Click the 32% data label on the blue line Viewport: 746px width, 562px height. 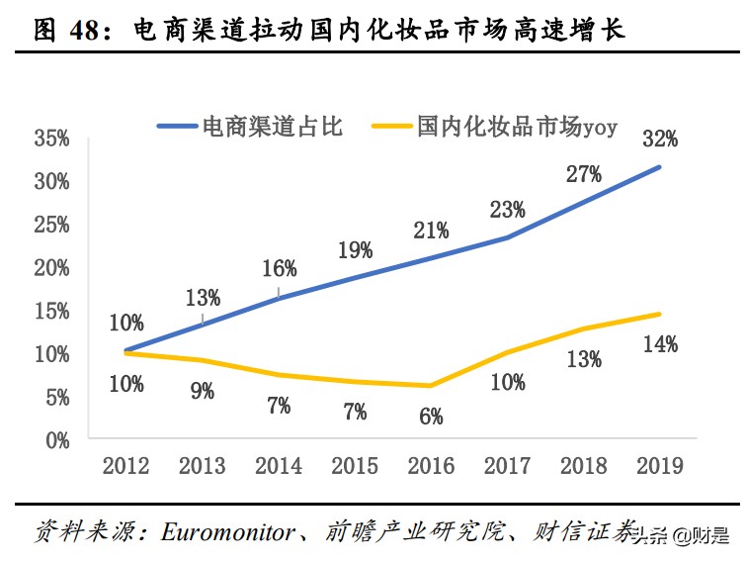pyautogui.click(x=659, y=139)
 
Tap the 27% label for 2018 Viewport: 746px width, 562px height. pyautogui.click(x=583, y=175)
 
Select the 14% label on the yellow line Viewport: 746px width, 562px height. pyautogui.click(x=659, y=344)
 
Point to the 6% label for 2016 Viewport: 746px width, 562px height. pyautogui.click(x=431, y=417)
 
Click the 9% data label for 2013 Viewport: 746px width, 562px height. pyautogui.click(x=203, y=391)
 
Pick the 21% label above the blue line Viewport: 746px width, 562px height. pyautogui.click(x=431, y=231)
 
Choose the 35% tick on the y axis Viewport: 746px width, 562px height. pyautogui.click(x=51, y=139)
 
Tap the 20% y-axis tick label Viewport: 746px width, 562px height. pyautogui.click(x=51, y=267)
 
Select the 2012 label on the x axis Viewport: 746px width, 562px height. pyautogui.click(x=126, y=465)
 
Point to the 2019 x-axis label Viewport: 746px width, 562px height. pyautogui.click(x=659, y=465)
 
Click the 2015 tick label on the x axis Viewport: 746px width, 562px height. pyautogui.click(x=355, y=465)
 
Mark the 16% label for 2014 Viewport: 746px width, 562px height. pyautogui.click(x=279, y=268)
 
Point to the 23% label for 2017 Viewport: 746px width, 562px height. pyautogui.click(x=507, y=210)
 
